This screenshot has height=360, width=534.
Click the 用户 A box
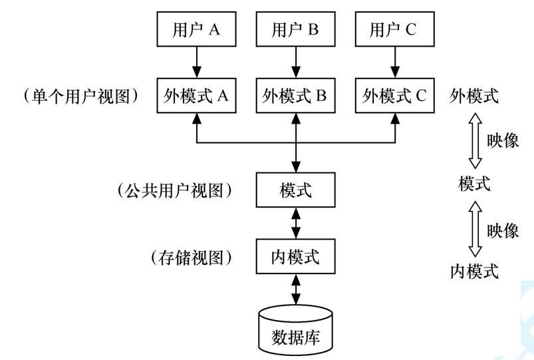coord(196,30)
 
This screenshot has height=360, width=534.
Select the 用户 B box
coord(296,30)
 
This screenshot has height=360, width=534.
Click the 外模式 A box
coord(196,96)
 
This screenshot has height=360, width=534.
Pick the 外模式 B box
coord(296,96)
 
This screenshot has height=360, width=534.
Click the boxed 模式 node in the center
coord(296,190)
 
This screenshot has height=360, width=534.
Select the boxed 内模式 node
coord(296,256)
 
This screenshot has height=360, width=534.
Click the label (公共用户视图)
coord(174,190)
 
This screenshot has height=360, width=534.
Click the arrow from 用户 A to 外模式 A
coord(196,63)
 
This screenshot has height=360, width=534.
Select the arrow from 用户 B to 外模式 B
coord(296,63)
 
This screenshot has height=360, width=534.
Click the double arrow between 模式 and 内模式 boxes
coord(296,224)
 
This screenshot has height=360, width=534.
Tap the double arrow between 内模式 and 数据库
coord(296,289)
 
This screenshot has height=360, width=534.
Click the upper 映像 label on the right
coord(503,141)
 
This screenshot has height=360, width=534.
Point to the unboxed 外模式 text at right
coord(474,96)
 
